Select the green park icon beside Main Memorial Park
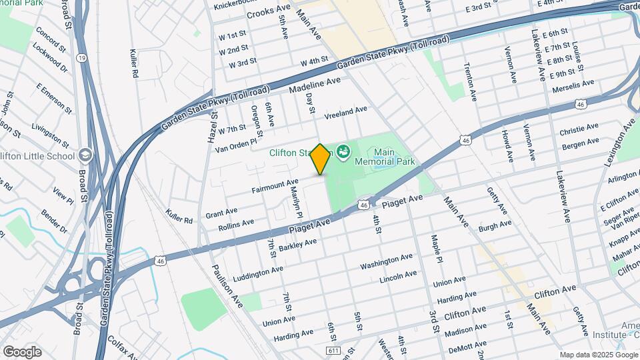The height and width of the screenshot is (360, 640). [x=344, y=152]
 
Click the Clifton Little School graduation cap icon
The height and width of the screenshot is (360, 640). [x=85, y=155]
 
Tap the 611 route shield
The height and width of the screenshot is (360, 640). [x=333, y=351]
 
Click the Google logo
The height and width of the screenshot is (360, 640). [x=22, y=352]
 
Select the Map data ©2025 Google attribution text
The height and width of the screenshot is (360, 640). [x=598, y=355]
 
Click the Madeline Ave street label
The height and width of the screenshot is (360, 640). [x=315, y=85]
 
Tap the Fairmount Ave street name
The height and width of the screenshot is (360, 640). [x=275, y=186]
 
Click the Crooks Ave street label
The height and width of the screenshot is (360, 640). [x=269, y=13]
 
